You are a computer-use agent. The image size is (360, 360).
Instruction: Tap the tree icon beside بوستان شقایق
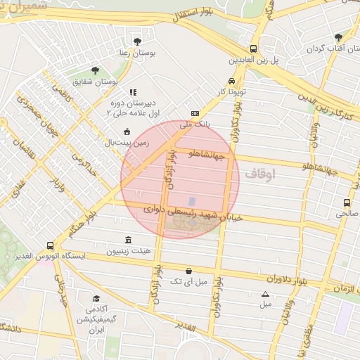point(96,70)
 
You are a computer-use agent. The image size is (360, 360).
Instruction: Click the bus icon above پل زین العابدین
point(253,49)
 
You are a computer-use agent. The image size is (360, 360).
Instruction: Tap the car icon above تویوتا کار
point(231,80)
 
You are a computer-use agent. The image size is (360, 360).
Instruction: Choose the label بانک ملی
point(195,124)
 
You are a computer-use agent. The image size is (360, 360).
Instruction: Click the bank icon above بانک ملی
point(195,113)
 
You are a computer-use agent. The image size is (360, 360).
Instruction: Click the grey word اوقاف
point(260,172)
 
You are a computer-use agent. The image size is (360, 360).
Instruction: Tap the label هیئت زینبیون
point(127,251)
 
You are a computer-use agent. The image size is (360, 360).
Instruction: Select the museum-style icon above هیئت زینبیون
point(127,240)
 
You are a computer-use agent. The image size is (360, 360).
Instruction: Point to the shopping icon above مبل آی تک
point(188,271)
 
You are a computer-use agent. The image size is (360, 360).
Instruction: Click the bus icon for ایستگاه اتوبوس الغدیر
point(50,245)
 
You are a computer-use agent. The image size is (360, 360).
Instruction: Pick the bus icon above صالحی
point(344,201)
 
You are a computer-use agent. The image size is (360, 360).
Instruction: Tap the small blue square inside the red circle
point(192,202)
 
